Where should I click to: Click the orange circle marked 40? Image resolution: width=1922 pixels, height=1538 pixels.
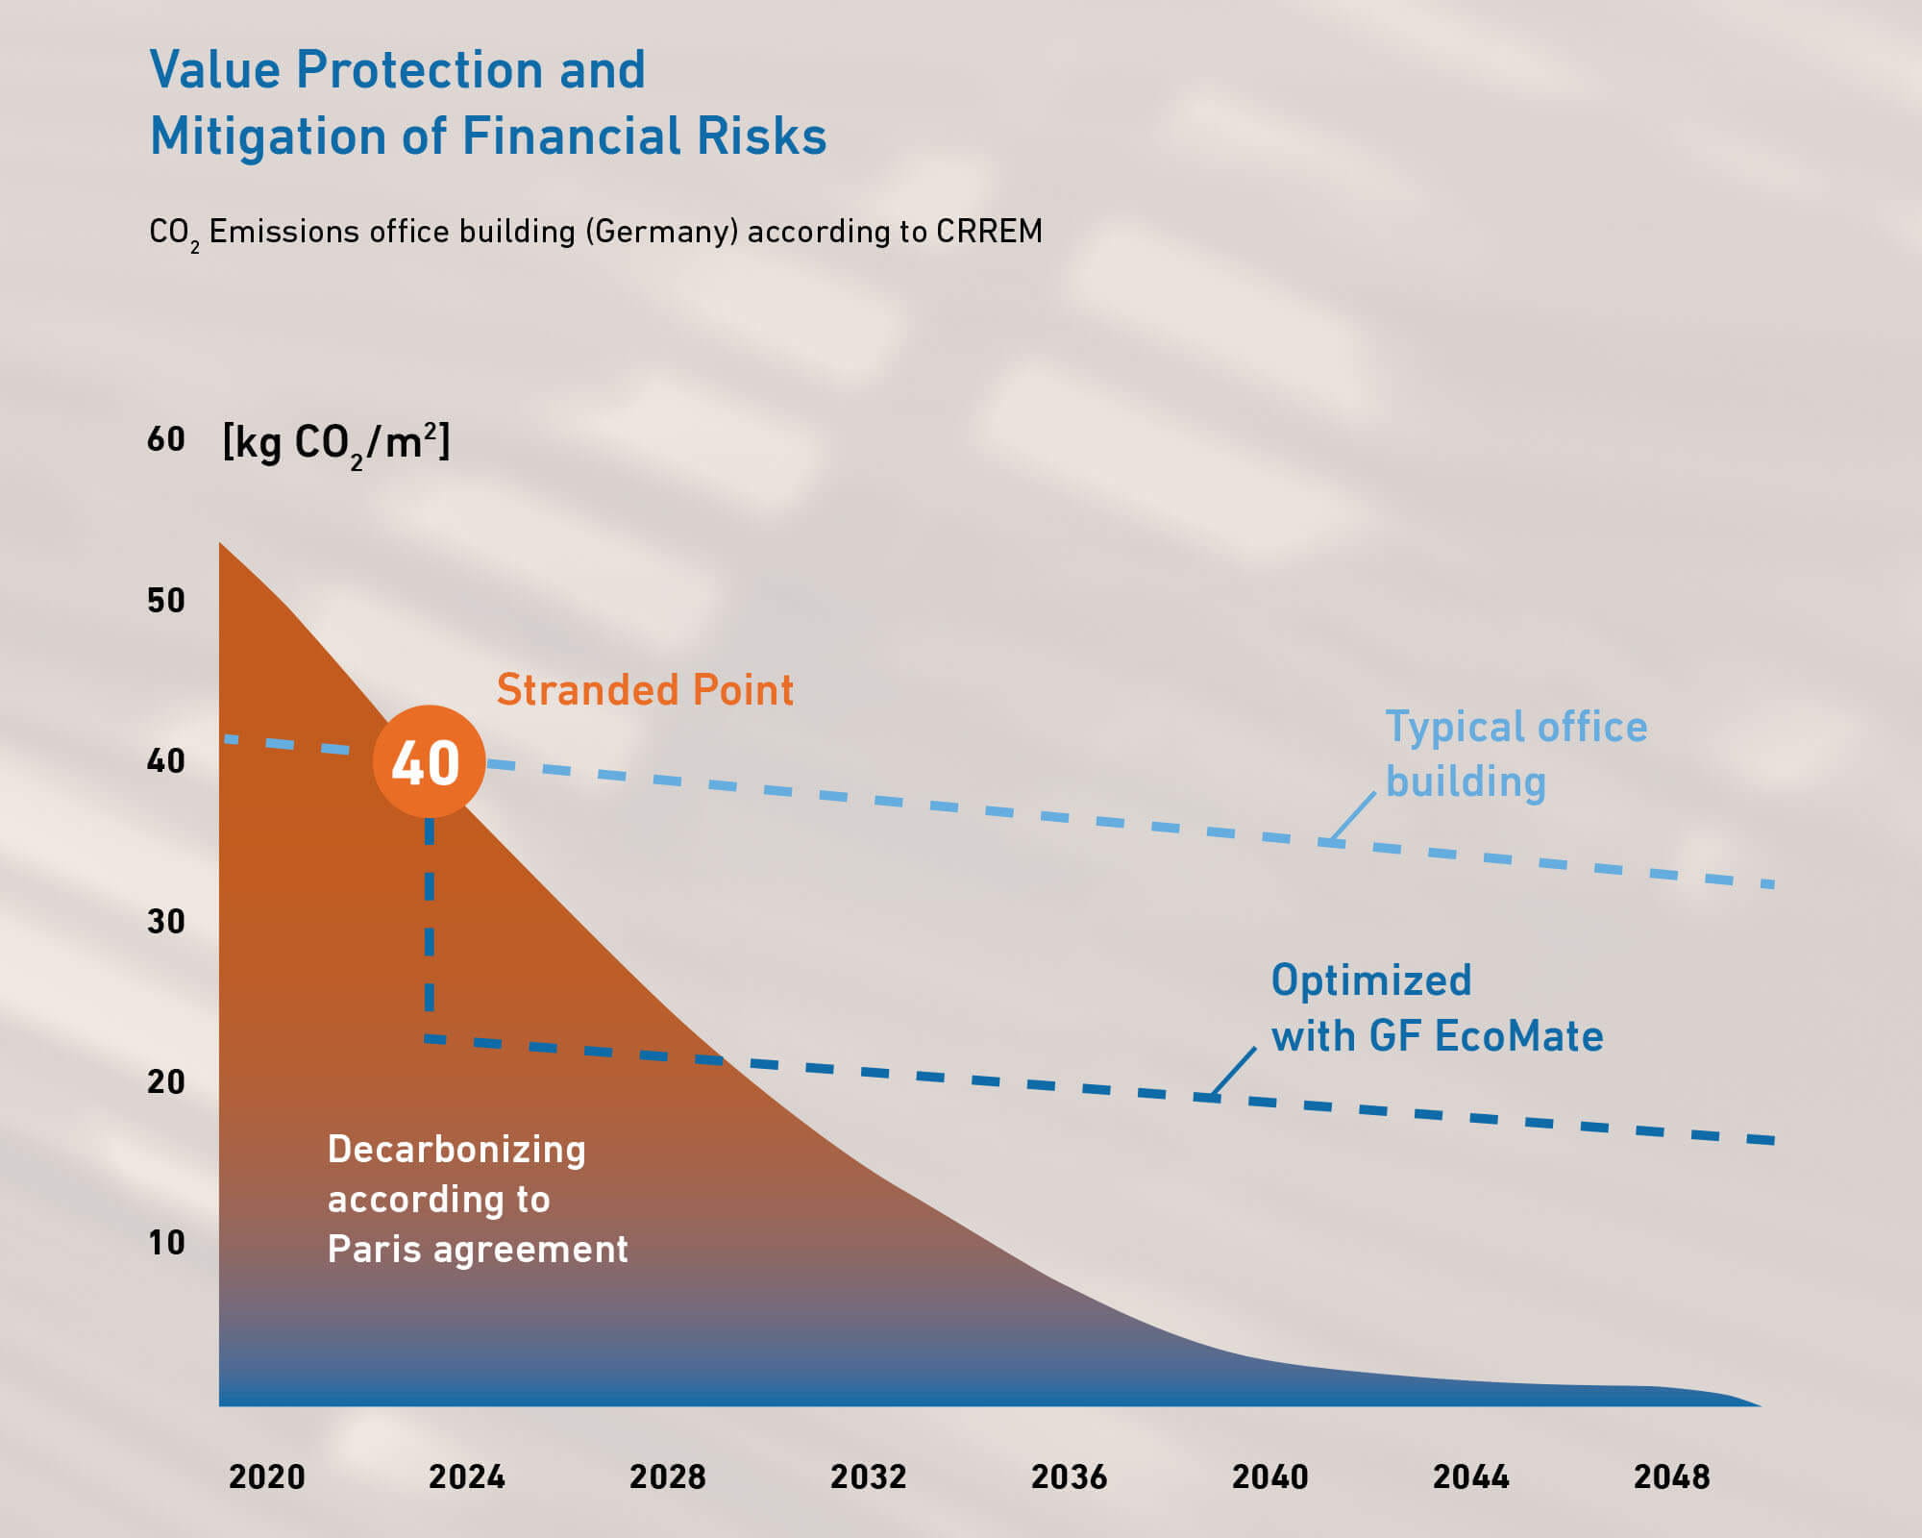pyautogui.click(x=429, y=762)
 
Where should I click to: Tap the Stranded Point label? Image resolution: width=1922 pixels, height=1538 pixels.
pyautogui.click(x=645, y=690)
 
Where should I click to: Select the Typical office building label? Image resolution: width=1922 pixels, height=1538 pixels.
pyautogui.click(x=1515, y=754)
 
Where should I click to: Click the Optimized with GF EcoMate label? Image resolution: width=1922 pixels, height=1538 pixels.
pyautogui.click(x=1437, y=1008)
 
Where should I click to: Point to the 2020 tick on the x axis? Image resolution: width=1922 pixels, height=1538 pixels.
pyautogui.click(x=266, y=1476)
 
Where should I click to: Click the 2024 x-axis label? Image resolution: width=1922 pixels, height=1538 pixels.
pyautogui.click(x=467, y=1476)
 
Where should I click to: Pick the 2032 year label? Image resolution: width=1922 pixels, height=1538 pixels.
pyautogui.click(x=868, y=1476)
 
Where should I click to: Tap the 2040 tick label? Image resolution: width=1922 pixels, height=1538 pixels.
pyautogui.click(x=1269, y=1476)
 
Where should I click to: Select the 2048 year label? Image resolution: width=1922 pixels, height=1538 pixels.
pyautogui.click(x=1671, y=1476)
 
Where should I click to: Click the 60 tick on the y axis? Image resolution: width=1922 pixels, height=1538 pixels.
pyautogui.click(x=166, y=439)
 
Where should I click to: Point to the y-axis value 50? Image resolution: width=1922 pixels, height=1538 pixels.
pyautogui.click(x=166, y=601)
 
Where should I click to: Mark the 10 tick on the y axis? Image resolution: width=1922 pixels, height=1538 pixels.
pyautogui.click(x=166, y=1243)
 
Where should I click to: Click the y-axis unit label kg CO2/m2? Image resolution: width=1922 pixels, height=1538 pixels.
pyautogui.click(x=336, y=443)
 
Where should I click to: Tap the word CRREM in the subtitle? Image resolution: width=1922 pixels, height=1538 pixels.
pyautogui.click(x=989, y=232)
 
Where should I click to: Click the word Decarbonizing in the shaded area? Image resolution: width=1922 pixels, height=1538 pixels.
pyautogui.click(x=456, y=1150)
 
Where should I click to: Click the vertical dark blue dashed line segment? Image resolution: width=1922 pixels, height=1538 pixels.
pyautogui.click(x=430, y=923)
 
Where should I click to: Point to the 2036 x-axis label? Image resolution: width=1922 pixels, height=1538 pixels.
pyautogui.click(x=1069, y=1476)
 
